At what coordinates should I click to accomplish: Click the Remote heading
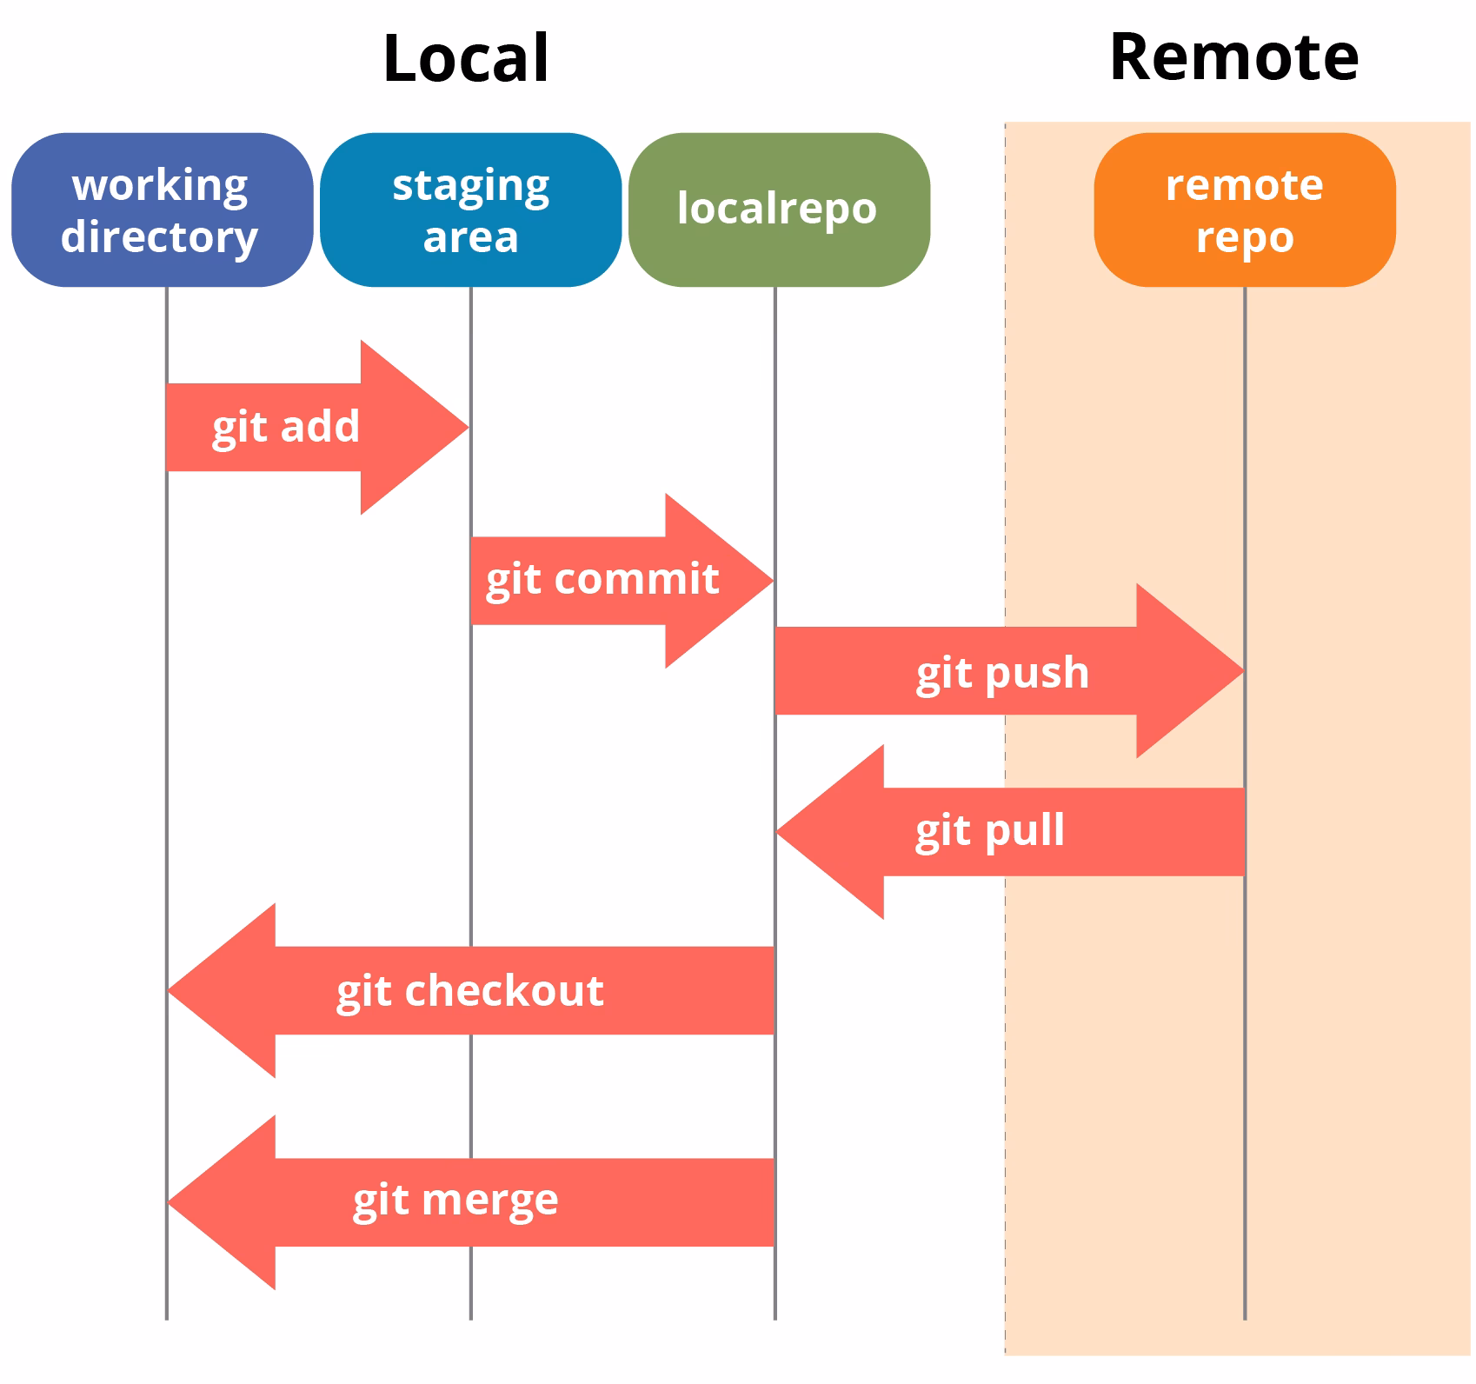[x=1233, y=57]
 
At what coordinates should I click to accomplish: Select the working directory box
[x=162, y=210]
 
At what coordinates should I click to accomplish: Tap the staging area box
[x=470, y=210]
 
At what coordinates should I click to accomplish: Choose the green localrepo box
[x=778, y=210]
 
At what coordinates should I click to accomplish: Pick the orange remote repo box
[x=1244, y=210]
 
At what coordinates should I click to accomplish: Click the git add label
[x=286, y=427]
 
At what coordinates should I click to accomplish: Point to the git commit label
[x=602, y=580]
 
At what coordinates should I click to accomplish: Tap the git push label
[x=1002, y=673]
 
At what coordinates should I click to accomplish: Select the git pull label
[x=990, y=831]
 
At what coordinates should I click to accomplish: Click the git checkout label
[x=470, y=991]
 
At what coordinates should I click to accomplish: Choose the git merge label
[x=455, y=1201]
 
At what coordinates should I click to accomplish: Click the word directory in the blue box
[x=160, y=237]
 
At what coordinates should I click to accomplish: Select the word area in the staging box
[x=470, y=237]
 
